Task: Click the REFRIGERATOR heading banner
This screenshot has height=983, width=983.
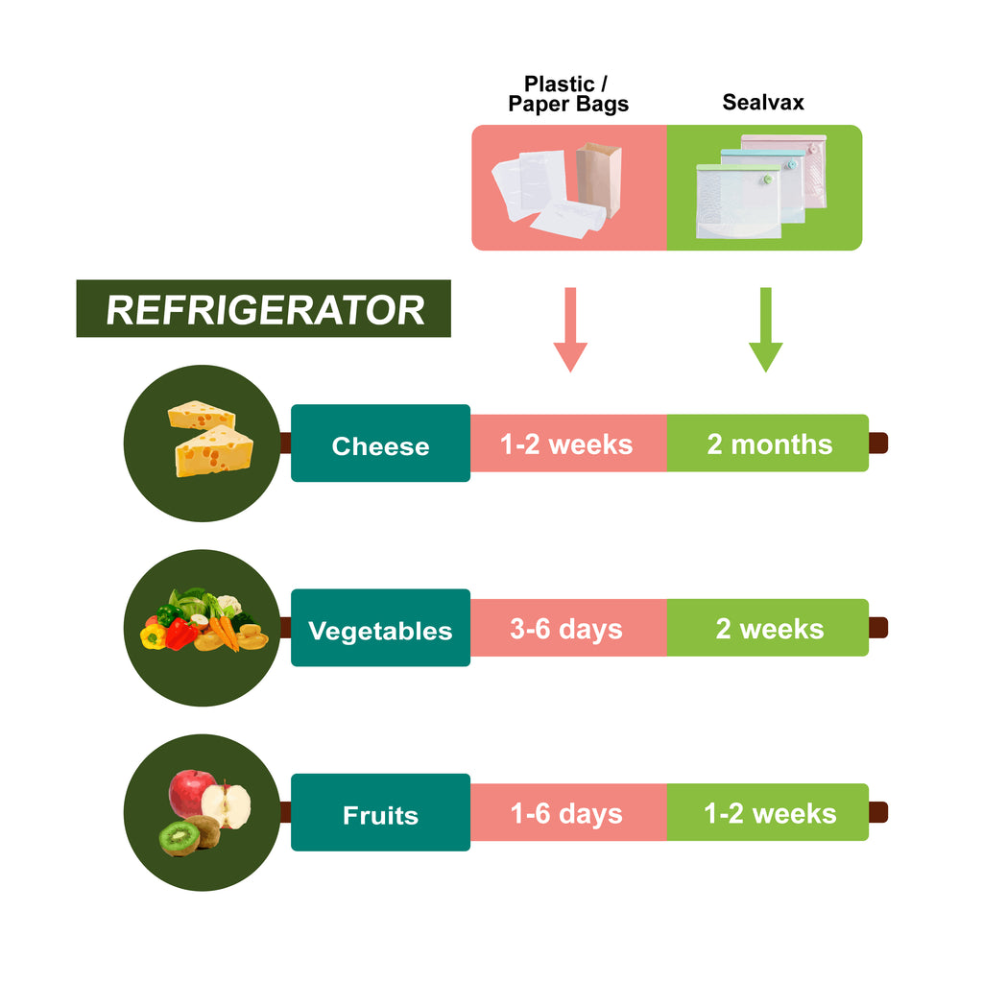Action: pyautogui.click(x=263, y=308)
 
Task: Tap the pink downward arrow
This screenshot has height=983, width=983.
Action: pyautogui.click(x=570, y=329)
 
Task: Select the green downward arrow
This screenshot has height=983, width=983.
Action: pyautogui.click(x=765, y=329)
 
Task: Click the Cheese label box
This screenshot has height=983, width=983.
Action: pyautogui.click(x=380, y=444)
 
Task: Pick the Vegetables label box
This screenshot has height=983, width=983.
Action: pyautogui.click(x=380, y=628)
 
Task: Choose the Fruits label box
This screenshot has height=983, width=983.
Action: pyautogui.click(x=380, y=812)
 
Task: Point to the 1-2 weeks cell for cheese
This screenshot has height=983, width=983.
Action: pyautogui.click(x=568, y=444)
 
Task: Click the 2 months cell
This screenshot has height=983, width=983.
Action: pyautogui.click(x=768, y=444)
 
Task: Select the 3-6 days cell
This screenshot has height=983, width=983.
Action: pyautogui.click(x=568, y=628)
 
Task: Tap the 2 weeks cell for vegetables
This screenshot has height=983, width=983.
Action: pyautogui.click(x=768, y=628)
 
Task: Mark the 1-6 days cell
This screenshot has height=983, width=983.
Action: pyautogui.click(x=568, y=812)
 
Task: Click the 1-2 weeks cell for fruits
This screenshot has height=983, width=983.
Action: pyautogui.click(x=768, y=812)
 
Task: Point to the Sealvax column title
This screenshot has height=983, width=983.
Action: pyautogui.click(x=763, y=102)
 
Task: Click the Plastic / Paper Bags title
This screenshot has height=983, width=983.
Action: pyautogui.click(x=568, y=94)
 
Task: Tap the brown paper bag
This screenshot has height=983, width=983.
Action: pyautogui.click(x=599, y=180)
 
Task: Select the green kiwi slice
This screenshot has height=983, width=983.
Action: pyautogui.click(x=180, y=837)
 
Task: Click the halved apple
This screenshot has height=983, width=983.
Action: pyautogui.click(x=227, y=804)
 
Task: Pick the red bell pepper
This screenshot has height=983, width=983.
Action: pyautogui.click(x=181, y=634)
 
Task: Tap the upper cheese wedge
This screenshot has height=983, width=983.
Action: pyautogui.click(x=202, y=415)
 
